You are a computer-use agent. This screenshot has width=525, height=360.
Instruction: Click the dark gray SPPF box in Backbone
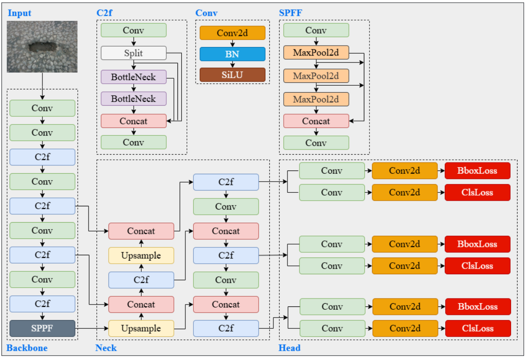point(42,328)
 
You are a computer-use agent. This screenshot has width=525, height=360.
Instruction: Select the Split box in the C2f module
point(134,53)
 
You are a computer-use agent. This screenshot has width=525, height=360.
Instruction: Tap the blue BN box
point(232,54)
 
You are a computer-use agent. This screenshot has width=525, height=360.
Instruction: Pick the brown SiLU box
point(232,75)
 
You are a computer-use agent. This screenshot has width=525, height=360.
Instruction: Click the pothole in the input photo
point(41,47)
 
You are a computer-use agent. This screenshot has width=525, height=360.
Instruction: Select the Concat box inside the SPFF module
point(316,121)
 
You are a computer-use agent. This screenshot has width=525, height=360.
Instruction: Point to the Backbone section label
point(27,348)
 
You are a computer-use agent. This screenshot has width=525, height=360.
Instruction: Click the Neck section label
point(106,348)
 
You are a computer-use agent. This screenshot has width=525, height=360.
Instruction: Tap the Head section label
point(289,348)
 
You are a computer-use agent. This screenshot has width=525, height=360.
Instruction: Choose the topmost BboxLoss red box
point(477,171)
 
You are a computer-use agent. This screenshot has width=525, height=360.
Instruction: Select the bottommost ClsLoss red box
point(478,328)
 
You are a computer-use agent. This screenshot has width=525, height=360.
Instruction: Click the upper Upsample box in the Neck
point(141,256)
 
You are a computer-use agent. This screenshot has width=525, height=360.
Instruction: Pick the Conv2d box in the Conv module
point(232,33)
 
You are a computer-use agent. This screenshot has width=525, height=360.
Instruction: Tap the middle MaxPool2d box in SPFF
point(316,75)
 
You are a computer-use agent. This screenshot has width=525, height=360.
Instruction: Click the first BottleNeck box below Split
point(134,77)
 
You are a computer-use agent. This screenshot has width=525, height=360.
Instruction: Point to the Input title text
point(20,13)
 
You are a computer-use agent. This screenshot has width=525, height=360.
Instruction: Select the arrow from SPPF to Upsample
point(92,328)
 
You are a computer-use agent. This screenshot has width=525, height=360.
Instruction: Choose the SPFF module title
point(290,13)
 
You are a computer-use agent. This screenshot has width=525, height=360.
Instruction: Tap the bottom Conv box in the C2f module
point(134,143)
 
